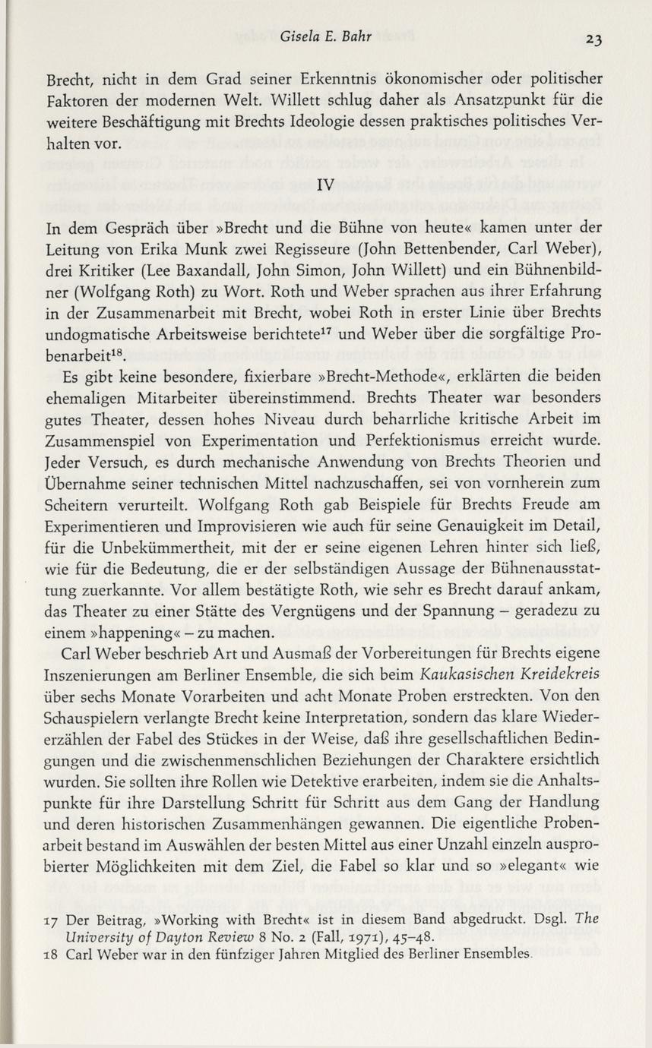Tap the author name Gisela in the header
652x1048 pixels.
pos(299,36)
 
